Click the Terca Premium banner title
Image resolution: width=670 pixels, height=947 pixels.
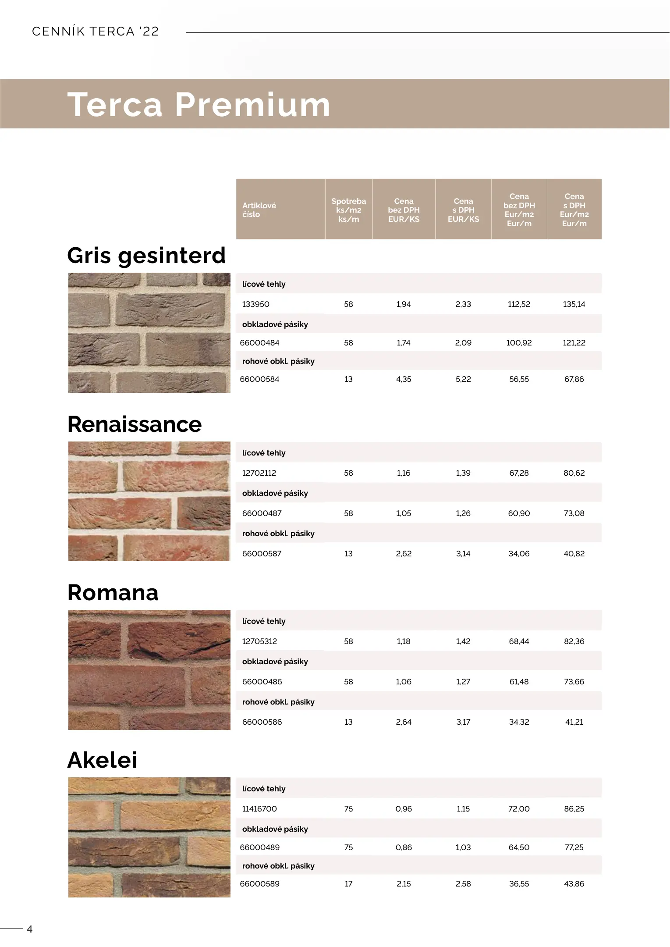(199, 105)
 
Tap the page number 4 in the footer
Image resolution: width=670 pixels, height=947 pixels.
(30, 929)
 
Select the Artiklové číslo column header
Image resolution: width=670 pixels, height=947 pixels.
(259, 210)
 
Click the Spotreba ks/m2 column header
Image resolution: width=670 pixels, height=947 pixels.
(348, 210)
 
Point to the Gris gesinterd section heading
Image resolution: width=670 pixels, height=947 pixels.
(146, 256)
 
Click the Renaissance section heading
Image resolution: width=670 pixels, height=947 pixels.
(135, 424)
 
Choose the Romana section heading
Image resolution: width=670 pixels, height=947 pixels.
(113, 593)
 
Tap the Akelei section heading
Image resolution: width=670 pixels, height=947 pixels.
(102, 760)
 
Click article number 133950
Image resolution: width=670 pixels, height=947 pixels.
(255, 304)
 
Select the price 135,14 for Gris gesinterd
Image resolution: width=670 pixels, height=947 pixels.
(574, 304)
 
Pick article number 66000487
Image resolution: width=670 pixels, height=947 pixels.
(262, 513)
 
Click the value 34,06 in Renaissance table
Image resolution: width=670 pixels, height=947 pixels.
(519, 554)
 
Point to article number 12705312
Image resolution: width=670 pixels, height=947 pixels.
(259, 641)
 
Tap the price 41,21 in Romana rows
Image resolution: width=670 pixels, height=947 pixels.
(574, 722)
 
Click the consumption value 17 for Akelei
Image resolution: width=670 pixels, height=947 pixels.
(348, 884)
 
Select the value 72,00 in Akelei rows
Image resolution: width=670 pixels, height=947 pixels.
(519, 809)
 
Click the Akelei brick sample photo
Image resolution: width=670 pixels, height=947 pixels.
(149, 837)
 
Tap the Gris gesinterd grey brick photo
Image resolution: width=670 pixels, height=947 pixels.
(149, 333)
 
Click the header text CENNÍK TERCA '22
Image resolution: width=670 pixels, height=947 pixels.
(96, 32)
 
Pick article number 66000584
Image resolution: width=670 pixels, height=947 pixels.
(259, 379)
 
